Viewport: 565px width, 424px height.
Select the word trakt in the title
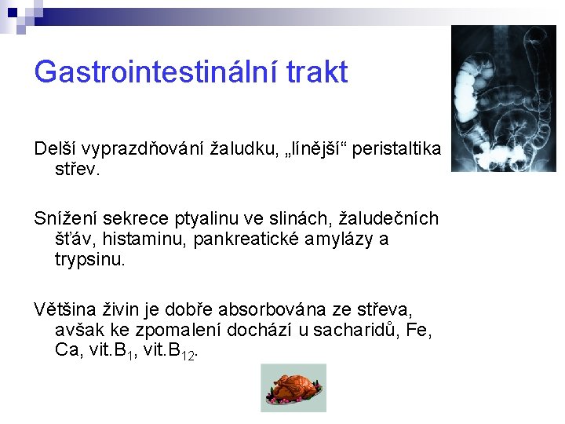(x=317, y=72)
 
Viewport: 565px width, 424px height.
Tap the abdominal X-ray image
(x=504, y=99)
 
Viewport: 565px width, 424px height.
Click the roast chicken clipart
(x=293, y=387)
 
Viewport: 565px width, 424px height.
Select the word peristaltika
(x=397, y=149)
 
